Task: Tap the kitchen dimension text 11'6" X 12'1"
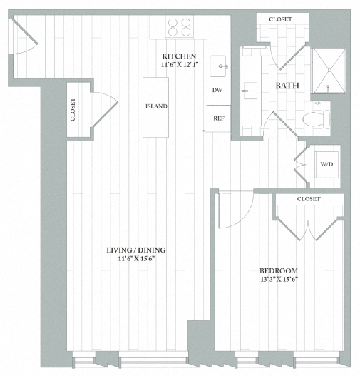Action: click(179, 66)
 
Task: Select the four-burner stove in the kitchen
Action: click(180, 27)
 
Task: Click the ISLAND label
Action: click(156, 106)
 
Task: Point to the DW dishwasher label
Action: click(217, 91)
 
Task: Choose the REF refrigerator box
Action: click(218, 117)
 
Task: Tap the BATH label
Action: click(287, 86)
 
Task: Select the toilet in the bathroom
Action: click(314, 118)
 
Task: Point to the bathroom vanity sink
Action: click(250, 89)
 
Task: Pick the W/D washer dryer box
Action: click(326, 164)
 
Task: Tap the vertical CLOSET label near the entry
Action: click(73, 109)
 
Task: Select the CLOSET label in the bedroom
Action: click(309, 198)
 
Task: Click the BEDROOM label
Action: click(278, 270)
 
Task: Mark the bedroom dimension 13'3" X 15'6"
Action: click(278, 280)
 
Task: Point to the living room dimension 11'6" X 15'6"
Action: click(135, 259)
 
